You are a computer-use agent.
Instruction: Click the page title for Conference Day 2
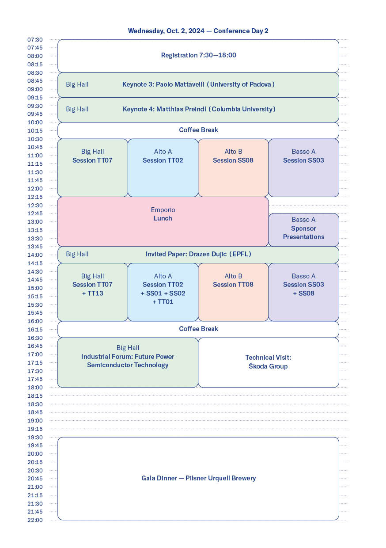tap(198, 31)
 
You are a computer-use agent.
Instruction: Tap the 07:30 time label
tap(35, 40)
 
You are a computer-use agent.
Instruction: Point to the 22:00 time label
tap(35, 520)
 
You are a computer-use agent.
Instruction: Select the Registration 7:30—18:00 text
tap(198, 55)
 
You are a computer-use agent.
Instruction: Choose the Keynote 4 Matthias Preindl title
tap(199, 109)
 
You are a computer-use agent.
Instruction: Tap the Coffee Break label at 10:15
tap(198, 130)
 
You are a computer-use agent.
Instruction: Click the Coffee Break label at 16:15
tap(198, 329)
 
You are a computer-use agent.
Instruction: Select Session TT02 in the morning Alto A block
tap(163, 160)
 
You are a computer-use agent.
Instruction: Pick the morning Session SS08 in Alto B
tap(233, 160)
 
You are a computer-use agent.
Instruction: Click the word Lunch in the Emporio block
tap(163, 218)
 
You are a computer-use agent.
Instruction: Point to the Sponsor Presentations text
tap(303, 233)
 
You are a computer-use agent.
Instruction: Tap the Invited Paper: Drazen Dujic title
tap(198, 254)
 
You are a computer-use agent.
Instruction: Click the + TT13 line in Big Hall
tap(92, 293)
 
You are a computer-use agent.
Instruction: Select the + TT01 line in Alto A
tap(163, 302)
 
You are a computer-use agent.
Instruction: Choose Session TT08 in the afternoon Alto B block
tap(233, 285)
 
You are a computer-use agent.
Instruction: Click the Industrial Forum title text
tap(128, 361)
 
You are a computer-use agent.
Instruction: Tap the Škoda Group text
tap(268, 366)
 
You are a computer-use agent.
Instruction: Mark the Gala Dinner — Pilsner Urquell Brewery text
tap(198, 478)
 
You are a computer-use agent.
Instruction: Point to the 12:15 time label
tap(35, 197)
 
